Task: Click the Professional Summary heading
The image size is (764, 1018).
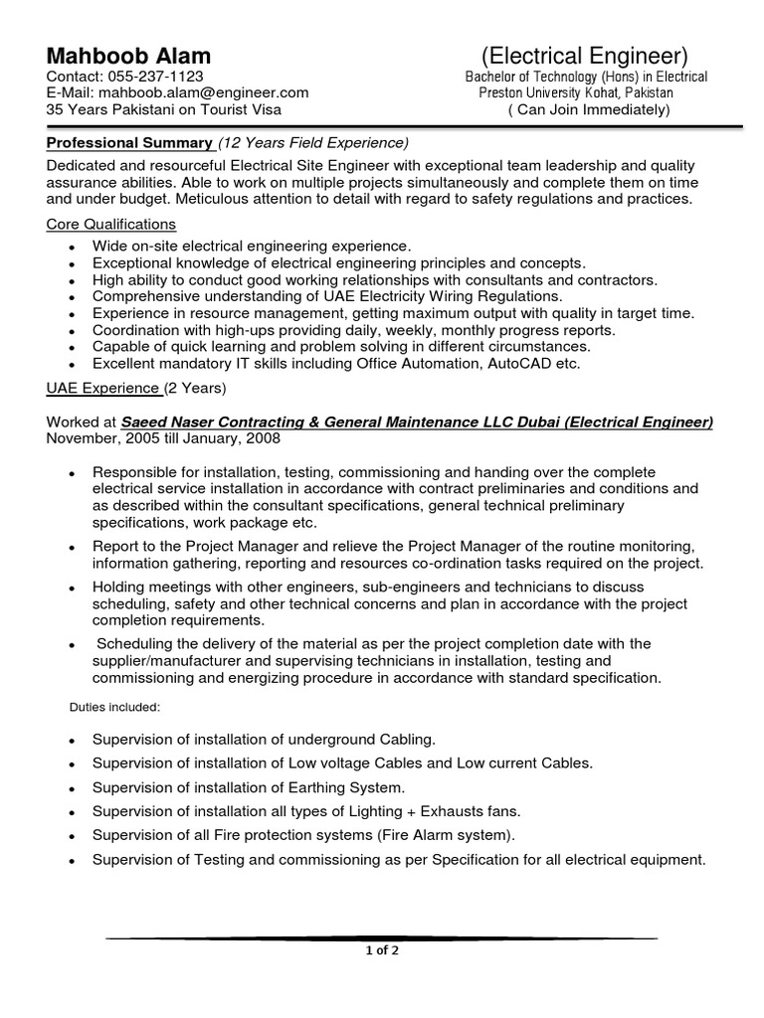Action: click(129, 142)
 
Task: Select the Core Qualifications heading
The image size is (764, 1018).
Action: click(111, 225)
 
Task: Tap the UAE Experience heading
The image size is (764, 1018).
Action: click(103, 387)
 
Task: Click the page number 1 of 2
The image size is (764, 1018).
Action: click(381, 949)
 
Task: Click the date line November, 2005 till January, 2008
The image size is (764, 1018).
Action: click(163, 437)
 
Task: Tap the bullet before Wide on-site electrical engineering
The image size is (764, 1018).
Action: click(71, 246)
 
